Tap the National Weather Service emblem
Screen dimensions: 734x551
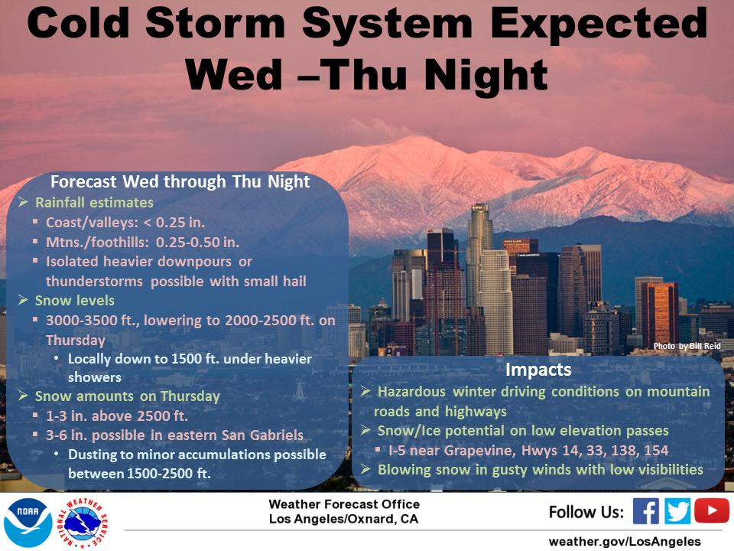(83, 523)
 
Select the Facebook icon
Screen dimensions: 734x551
(645, 510)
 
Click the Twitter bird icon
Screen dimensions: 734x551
(677, 510)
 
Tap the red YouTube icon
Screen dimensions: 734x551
(712, 510)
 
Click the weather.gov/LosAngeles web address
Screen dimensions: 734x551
(625, 541)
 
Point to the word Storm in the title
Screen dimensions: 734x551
(216, 24)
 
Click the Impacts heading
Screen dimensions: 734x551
(538, 370)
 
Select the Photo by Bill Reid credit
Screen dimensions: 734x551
(687, 346)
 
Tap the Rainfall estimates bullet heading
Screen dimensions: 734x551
(94, 202)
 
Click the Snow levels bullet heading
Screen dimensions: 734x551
(75, 300)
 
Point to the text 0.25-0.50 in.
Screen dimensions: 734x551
(197, 243)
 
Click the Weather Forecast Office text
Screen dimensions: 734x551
(344, 504)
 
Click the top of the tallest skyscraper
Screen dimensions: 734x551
(479, 205)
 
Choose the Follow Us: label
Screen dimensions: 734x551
(586, 512)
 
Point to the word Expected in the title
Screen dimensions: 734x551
(599, 24)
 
